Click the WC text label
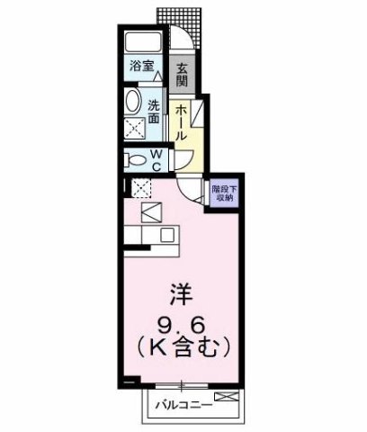[x=155, y=161]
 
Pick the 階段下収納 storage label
[x=223, y=193]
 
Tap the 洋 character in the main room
[x=182, y=295]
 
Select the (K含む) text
[x=183, y=344]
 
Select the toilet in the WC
[x=136, y=161]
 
